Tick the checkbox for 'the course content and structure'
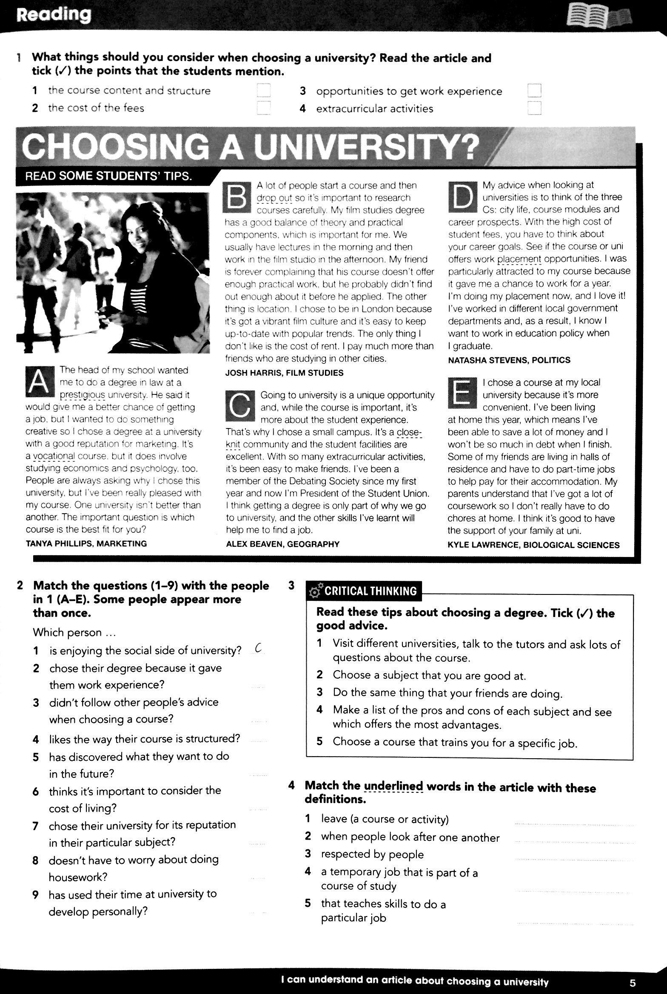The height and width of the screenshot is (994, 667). tap(264, 91)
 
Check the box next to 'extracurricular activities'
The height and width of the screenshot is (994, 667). tap(534, 109)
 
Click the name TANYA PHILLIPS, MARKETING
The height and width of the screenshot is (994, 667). tap(86, 543)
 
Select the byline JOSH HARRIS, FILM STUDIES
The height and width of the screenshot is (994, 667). tap(284, 373)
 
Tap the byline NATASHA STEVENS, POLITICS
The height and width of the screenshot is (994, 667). tap(509, 360)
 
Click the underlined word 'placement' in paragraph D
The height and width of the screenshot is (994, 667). tap(519, 259)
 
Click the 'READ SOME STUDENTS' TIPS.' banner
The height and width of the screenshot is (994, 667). tap(108, 176)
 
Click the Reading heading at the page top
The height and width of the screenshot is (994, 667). tap(54, 15)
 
